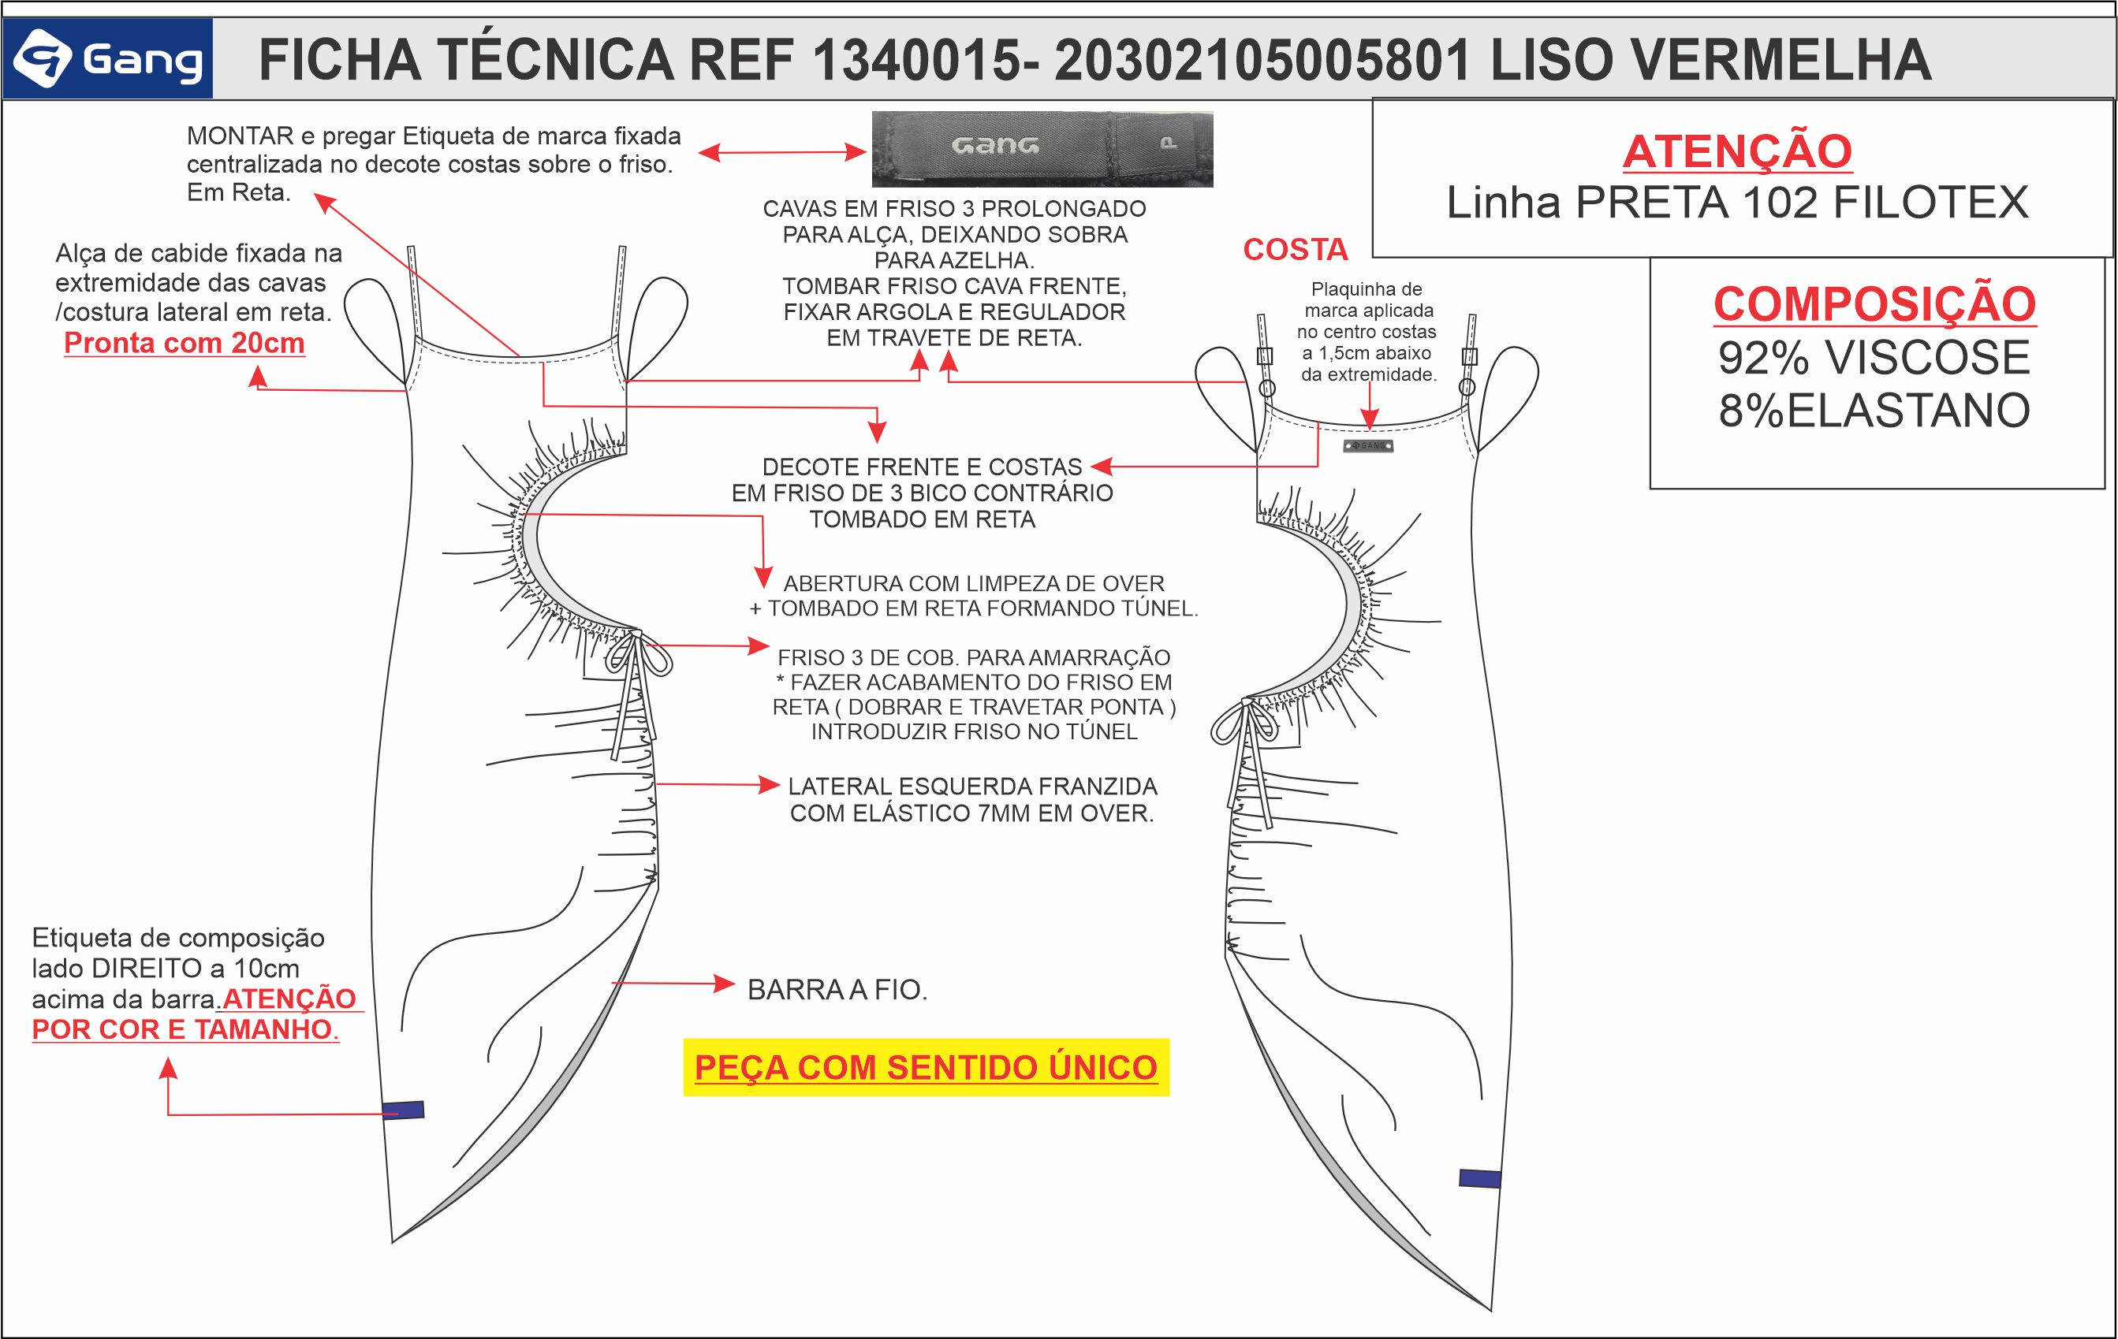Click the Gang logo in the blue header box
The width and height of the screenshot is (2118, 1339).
click(x=108, y=59)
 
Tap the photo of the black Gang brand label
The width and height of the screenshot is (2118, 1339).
click(x=1042, y=149)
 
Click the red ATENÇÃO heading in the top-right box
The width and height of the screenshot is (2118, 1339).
click(x=1737, y=151)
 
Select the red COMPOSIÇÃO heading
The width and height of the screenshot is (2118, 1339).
click(x=1874, y=304)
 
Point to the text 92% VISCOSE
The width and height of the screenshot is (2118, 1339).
click(x=1874, y=358)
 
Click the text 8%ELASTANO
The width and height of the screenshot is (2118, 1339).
click(x=1874, y=411)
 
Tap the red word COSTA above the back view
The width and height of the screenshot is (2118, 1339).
click(x=1295, y=251)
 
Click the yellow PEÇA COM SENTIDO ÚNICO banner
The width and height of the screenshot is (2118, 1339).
click(x=927, y=1067)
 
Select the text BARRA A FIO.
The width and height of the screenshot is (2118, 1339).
click(x=837, y=990)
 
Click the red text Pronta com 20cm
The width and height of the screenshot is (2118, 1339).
click(x=184, y=343)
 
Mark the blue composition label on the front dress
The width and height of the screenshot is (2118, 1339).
click(x=404, y=1110)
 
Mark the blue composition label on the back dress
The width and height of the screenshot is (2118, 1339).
click(x=1479, y=1178)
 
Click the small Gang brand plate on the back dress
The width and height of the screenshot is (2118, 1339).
click(x=1368, y=446)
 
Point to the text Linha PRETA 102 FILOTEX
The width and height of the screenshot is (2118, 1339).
click(x=1737, y=203)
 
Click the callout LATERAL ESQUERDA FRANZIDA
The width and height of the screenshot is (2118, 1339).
click(x=972, y=786)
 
